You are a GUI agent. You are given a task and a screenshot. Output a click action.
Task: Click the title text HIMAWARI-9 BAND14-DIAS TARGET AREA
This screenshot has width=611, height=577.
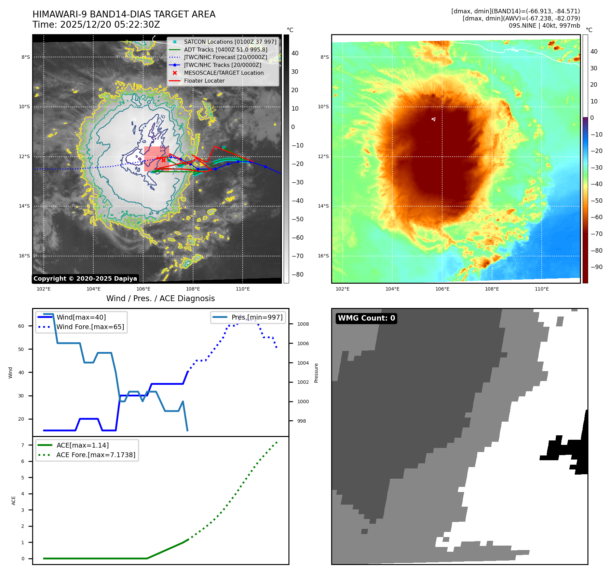click(x=124, y=14)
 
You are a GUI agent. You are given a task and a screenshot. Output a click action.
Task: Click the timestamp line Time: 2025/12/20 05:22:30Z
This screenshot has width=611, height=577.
click(x=96, y=25)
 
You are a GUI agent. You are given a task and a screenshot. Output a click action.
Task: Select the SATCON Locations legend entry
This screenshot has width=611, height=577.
click(x=230, y=42)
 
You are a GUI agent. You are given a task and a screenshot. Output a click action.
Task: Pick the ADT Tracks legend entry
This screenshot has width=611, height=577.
click(x=226, y=50)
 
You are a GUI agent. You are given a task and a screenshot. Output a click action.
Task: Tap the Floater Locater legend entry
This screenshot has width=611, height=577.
click(x=204, y=81)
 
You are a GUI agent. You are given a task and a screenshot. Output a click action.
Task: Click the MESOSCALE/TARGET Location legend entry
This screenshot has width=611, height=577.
click(x=223, y=73)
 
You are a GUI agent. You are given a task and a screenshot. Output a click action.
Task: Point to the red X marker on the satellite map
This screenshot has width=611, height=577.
click(x=164, y=160)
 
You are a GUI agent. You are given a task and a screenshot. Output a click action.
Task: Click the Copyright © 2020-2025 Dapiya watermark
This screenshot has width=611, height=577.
click(x=85, y=279)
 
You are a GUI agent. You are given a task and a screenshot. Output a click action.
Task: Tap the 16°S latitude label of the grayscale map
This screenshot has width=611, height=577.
click(x=24, y=256)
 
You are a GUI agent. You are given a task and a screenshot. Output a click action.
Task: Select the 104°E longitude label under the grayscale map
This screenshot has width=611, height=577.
click(x=93, y=289)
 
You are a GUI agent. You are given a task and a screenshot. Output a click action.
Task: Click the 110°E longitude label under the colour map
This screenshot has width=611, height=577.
click(x=542, y=289)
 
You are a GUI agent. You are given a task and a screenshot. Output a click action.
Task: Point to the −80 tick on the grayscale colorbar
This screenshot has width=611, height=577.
click(x=297, y=275)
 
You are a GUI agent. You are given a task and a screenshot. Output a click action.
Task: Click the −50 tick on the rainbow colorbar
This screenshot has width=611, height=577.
click(x=596, y=200)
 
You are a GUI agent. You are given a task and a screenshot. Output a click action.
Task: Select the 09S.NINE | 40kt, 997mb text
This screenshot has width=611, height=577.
click(x=544, y=26)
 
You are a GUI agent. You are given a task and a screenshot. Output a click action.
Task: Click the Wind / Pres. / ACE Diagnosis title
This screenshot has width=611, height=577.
click(x=161, y=298)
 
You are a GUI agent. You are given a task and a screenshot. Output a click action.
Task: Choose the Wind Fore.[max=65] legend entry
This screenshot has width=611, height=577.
click(x=90, y=327)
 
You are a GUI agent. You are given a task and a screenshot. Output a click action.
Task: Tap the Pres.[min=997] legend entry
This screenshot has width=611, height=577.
click(x=257, y=317)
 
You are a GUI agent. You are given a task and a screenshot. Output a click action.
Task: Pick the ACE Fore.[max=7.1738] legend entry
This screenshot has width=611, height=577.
click(x=96, y=455)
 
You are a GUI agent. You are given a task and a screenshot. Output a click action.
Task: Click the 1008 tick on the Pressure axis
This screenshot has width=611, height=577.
click(x=303, y=324)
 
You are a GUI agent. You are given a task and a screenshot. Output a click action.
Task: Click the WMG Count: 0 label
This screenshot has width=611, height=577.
click(x=366, y=318)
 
